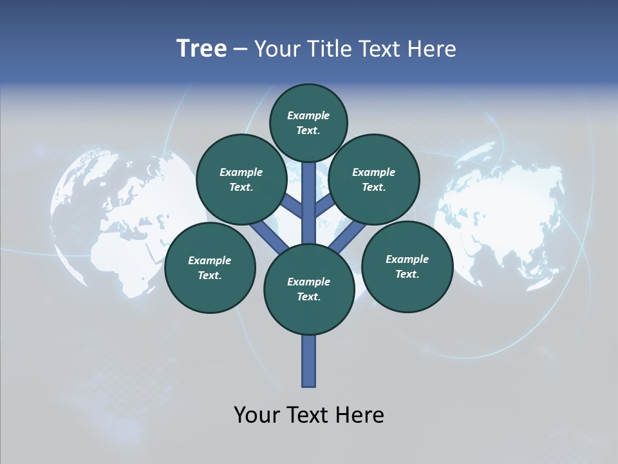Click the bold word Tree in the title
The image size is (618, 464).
(x=201, y=48)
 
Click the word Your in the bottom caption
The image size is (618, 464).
(x=257, y=414)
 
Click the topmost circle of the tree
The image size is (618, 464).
(x=308, y=122)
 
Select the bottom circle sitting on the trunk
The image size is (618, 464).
(x=309, y=289)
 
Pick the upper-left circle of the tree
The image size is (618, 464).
(x=241, y=179)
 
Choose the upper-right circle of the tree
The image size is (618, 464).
(x=374, y=179)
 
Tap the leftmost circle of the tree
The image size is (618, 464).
(x=210, y=267)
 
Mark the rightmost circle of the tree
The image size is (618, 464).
(x=407, y=266)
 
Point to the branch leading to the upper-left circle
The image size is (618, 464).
(x=293, y=207)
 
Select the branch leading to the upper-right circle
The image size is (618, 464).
(x=324, y=207)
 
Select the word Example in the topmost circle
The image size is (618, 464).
(x=308, y=115)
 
